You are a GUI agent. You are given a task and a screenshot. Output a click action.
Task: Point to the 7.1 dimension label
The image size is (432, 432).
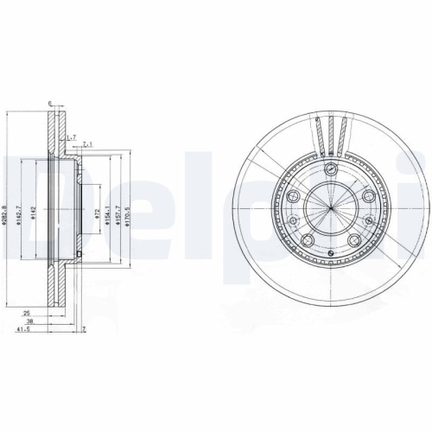click(x=87, y=145)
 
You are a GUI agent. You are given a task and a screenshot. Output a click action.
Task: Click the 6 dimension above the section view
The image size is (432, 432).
click(x=50, y=104)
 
